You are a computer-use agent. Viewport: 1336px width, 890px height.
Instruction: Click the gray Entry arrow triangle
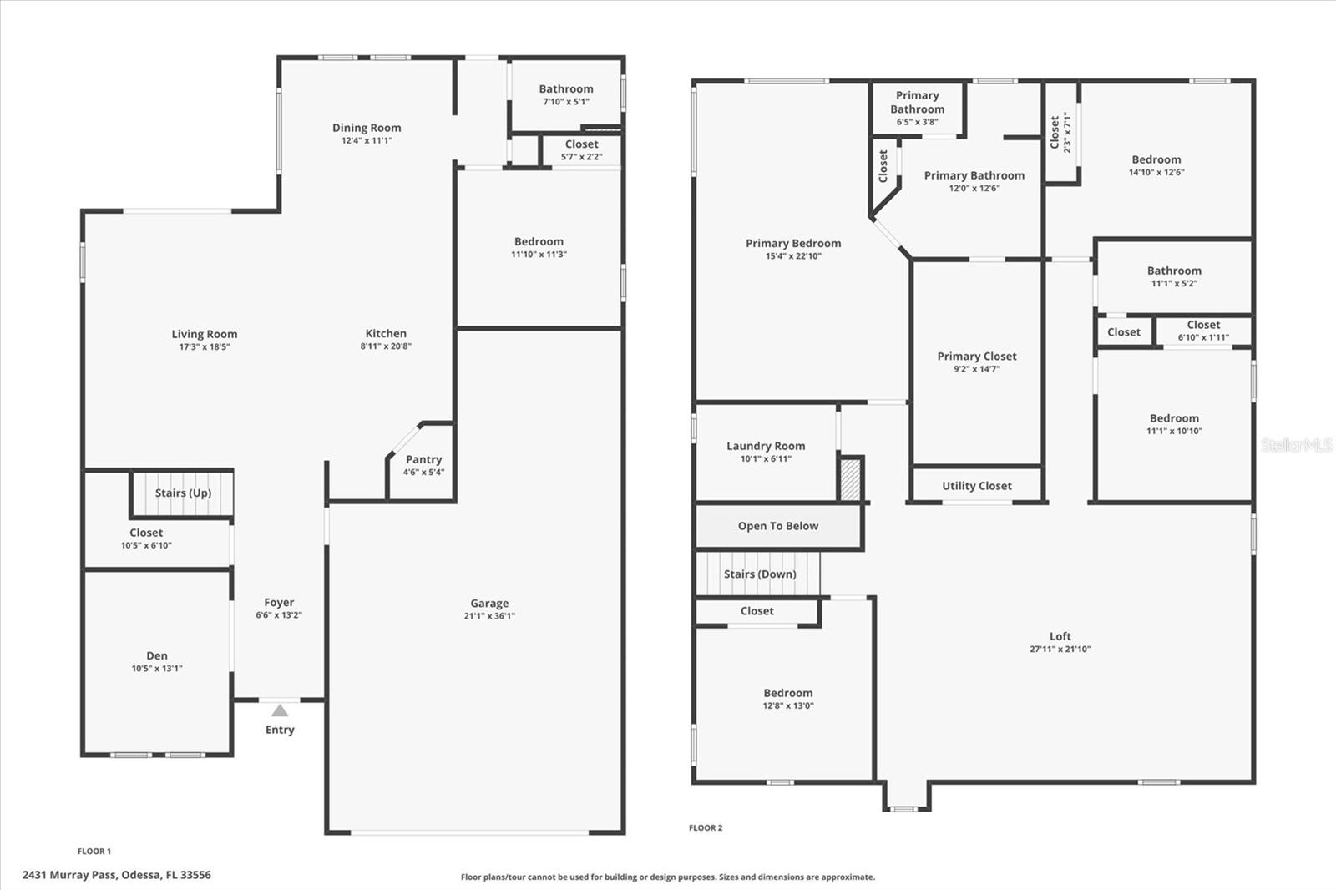[280, 711]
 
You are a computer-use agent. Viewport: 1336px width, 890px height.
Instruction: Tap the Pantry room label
[423, 459]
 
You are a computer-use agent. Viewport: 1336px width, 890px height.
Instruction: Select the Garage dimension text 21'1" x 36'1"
[489, 616]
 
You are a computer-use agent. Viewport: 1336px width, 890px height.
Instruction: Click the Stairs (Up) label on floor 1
[183, 493]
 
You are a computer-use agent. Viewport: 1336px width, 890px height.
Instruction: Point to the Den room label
[157, 655]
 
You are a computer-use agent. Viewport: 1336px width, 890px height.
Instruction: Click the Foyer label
[279, 602]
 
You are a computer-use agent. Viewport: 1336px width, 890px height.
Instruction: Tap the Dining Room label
[367, 128]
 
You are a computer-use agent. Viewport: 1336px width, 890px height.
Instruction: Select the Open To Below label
[777, 526]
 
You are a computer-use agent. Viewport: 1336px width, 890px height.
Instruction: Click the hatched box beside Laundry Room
[850, 479]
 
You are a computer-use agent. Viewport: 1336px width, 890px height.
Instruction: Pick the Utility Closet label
[976, 486]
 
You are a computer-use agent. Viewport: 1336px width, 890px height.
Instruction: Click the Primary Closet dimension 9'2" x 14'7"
[976, 369]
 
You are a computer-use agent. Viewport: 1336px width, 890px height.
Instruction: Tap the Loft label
[1060, 636]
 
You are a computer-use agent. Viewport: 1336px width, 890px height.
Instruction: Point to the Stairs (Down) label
[759, 574]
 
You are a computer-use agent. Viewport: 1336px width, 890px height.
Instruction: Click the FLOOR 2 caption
[706, 828]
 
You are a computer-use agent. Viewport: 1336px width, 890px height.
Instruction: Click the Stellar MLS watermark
[1296, 445]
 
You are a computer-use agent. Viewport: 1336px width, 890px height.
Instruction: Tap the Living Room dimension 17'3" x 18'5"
[204, 346]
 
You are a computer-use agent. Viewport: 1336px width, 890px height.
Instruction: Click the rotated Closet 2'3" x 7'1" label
[1060, 132]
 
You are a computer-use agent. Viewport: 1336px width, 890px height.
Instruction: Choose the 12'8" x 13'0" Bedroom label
[787, 693]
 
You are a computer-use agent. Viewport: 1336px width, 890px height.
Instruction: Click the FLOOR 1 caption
[94, 852]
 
